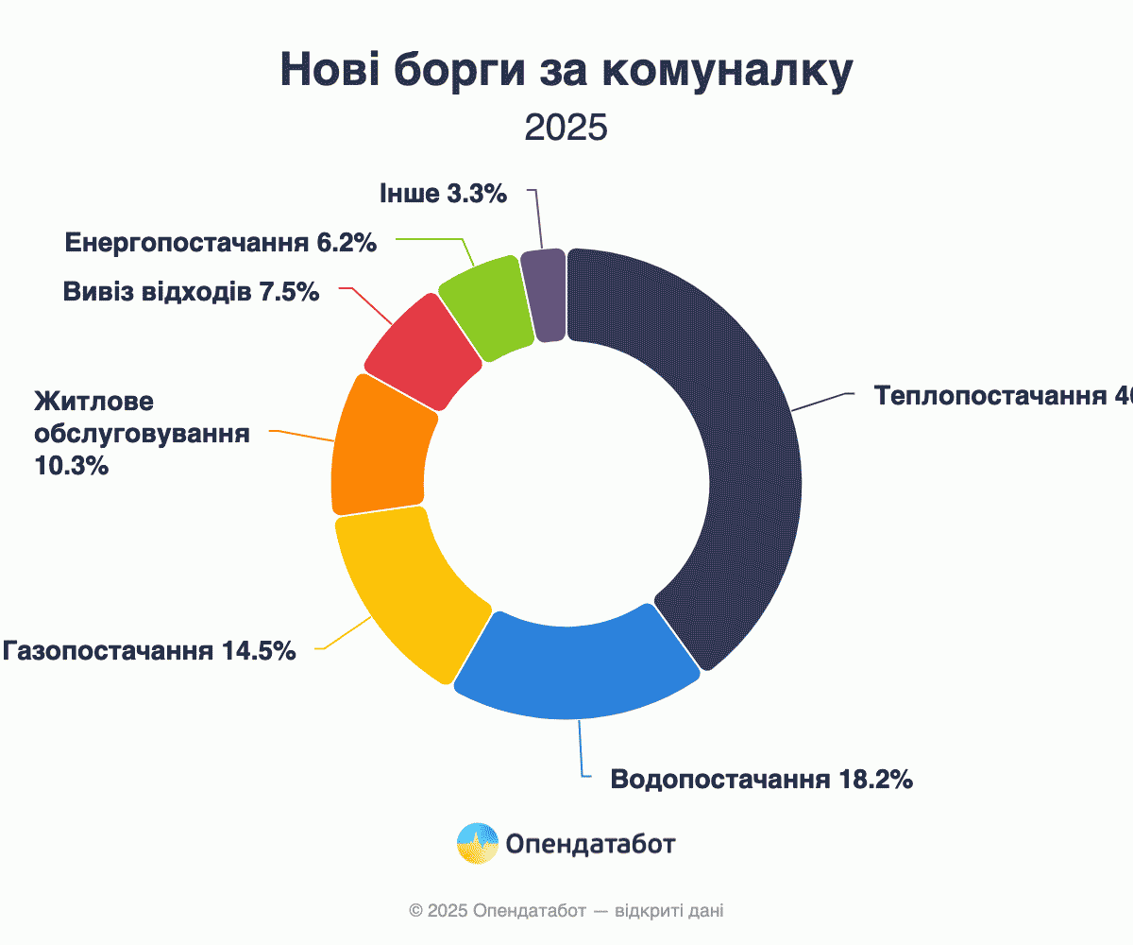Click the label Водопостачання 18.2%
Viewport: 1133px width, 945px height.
coord(761,780)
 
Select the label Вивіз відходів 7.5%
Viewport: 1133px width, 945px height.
coord(192,292)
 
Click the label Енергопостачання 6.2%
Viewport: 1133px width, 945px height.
coord(221,243)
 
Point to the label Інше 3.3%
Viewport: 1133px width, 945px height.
coord(443,194)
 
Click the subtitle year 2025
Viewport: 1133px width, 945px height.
coord(566,128)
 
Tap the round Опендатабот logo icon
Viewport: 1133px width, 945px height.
coord(478,843)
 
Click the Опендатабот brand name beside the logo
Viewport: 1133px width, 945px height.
coord(590,843)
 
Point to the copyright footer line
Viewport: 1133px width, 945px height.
coord(566,911)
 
